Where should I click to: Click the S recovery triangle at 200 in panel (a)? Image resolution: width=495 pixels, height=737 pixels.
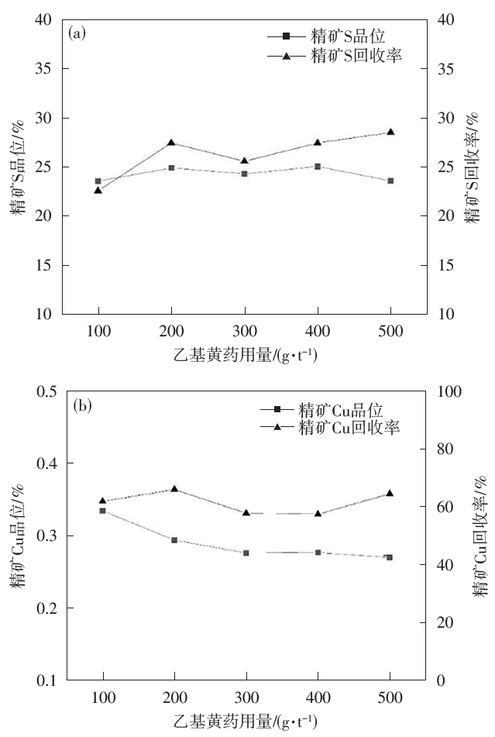pyautogui.click(x=171, y=143)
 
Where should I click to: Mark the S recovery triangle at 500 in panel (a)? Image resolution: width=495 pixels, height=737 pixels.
pyautogui.click(x=390, y=132)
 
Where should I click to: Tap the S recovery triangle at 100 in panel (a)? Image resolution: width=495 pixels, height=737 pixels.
pyautogui.click(x=98, y=190)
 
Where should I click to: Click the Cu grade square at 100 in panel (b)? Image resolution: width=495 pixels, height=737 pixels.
pyautogui.click(x=103, y=511)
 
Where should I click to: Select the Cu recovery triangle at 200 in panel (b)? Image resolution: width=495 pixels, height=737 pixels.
pyautogui.click(x=174, y=489)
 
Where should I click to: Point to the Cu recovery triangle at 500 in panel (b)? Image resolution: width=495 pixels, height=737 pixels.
pyautogui.click(x=390, y=493)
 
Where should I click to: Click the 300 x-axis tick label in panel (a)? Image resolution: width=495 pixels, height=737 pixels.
pyautogui.click(x=245, y=332)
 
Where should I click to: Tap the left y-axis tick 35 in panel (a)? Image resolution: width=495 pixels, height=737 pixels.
pyautogui.click(x=46, y=69)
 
